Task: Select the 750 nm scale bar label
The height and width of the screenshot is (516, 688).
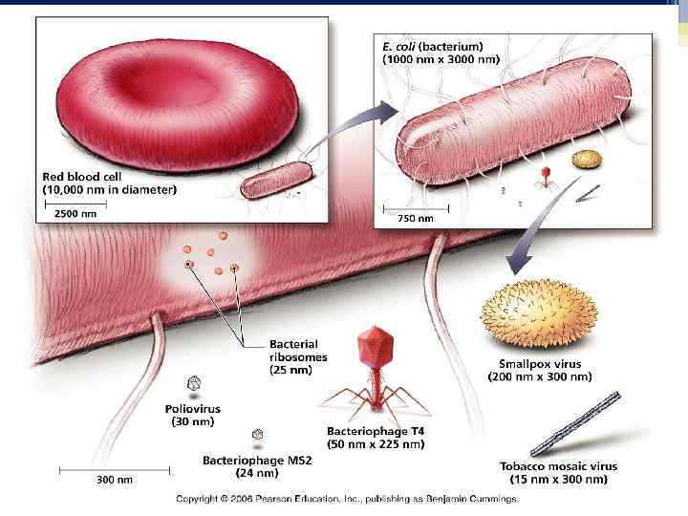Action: click(x=415, y=219)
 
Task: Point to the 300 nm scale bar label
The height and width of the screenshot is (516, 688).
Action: click(x=114, y=480)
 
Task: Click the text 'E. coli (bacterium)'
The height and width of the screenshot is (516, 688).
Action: click(x=433, y=45)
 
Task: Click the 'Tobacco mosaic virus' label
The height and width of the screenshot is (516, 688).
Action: click(x=559, y=466)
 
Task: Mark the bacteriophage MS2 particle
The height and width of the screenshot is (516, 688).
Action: click(x=257, y=436)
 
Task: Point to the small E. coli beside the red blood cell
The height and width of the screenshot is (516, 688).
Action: click(x=275, y=179)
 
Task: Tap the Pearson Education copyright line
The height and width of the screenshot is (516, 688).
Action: click(x=347, y=499)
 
